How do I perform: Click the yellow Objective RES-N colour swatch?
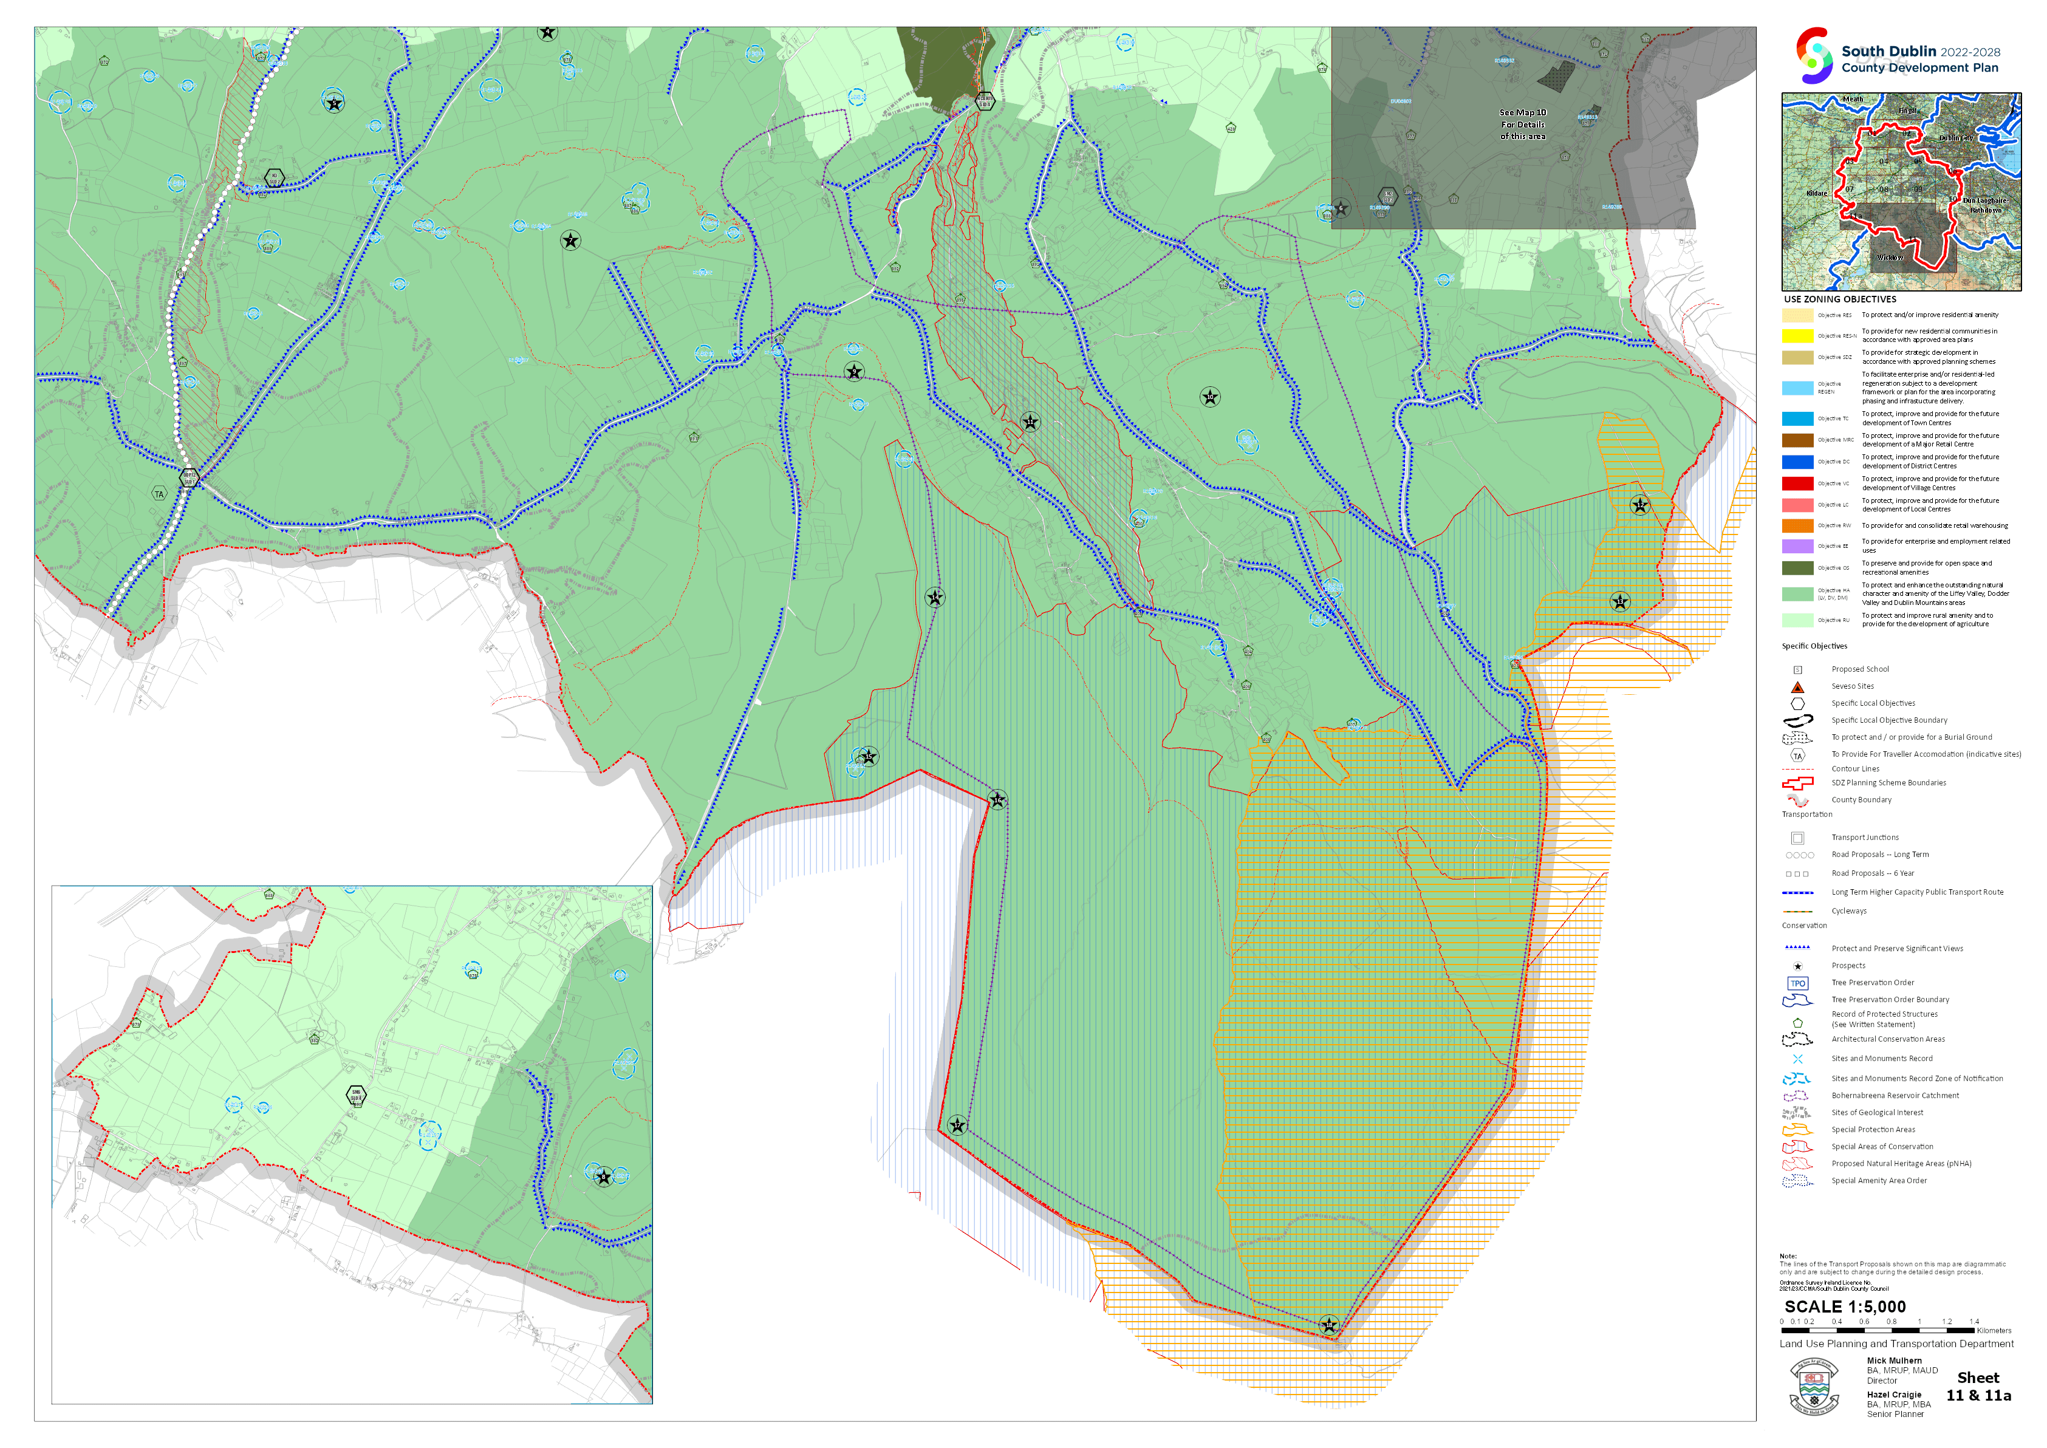pos(1797,336)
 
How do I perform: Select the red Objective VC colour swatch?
pos(1797,483)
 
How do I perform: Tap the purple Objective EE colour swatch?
pos(1797,545)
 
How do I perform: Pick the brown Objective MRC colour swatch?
pos(1797,440)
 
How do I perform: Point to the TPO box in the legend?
pos(1797,983)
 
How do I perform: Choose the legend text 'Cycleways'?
pos(1848,911)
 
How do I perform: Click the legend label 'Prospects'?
pos(1848,966)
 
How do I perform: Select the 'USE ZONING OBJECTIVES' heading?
pos(1839,299)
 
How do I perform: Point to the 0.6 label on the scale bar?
pos(1864,1322)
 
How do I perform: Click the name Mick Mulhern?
pos(1895,1361)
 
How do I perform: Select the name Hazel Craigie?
pos(1895,1395)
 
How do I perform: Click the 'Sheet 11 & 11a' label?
pos(1978,1387)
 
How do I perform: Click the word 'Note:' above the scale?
pos(1788,1256)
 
